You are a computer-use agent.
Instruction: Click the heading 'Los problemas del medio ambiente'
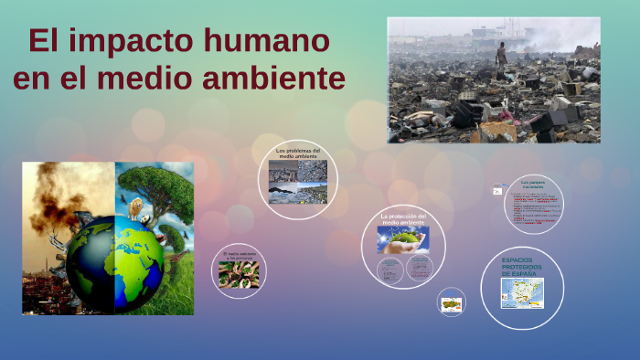[298, 154]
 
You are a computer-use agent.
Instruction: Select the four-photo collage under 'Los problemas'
[298, 182]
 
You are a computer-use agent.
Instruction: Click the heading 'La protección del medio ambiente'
[403, 219]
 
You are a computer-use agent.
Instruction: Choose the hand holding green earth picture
[403, 239]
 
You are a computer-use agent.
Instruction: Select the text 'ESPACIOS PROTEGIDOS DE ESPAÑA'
[521, 267]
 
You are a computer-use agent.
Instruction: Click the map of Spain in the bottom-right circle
[522, 293]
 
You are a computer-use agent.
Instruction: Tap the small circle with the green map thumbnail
[451, 302]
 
